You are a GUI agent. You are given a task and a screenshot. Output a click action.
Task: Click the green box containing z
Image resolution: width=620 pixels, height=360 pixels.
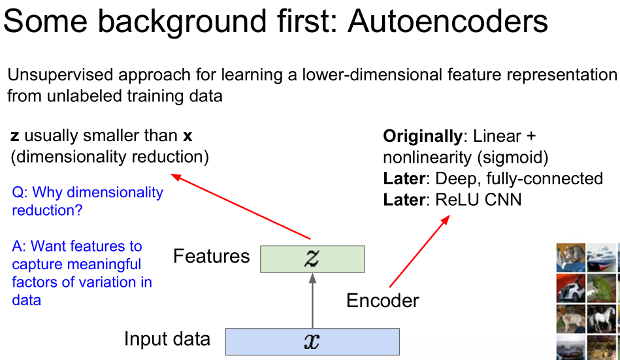[312, 259]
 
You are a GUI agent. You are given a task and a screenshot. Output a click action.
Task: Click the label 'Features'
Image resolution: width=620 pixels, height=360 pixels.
[211, 256]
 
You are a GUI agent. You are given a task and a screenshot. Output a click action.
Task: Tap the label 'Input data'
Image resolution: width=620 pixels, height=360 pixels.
[167, 339]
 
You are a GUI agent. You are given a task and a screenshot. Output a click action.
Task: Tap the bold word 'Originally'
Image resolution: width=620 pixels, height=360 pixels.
[421, 137]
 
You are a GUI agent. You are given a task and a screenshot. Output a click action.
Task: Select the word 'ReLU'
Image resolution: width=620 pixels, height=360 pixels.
[456, 199]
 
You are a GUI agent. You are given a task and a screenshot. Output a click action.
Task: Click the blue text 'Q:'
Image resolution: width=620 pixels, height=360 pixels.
[20, 193]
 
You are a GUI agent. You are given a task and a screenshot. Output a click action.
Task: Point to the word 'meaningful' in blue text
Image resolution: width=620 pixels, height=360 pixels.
[108, 265]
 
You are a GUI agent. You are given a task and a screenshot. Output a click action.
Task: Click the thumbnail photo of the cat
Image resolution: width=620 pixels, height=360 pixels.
[570, 257]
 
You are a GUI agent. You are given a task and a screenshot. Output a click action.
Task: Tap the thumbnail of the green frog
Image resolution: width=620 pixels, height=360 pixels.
[600, 287]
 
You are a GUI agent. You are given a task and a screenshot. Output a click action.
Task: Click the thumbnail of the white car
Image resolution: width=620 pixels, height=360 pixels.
[570, 287]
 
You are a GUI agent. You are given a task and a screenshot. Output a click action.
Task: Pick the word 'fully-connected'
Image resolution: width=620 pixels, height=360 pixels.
[553, 178]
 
